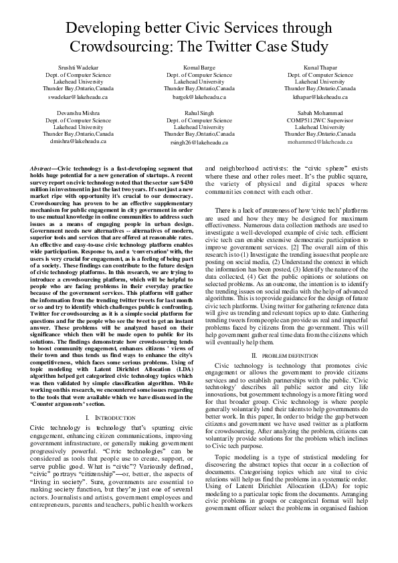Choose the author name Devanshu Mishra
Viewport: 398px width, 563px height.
[x=78, y=114]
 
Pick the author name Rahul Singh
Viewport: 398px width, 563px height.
[x=199, y=114]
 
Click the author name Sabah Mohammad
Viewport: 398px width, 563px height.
[x=320, y=114]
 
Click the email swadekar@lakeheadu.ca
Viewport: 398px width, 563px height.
[x=78, y=97]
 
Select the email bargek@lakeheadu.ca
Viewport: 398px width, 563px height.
[x=199, y=97]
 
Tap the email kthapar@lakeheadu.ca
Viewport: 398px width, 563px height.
[x=320, y=97]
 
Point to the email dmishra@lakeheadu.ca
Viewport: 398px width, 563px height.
[x=78, y=142]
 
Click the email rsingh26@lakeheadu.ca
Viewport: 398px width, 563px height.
[x=199, y=142]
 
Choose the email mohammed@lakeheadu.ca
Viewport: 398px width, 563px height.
[x=320, y=142]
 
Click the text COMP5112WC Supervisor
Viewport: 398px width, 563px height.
[x=320, y=120]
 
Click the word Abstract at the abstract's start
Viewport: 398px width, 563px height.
[x=43, y=169]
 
